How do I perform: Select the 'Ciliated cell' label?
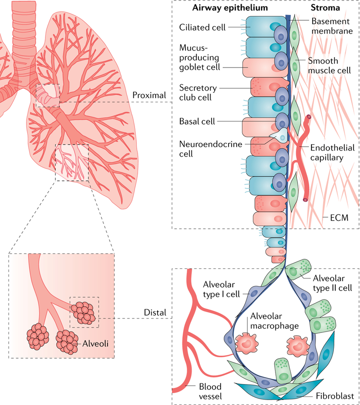pos(202,27)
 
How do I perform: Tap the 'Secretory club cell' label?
pos(198,93)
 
